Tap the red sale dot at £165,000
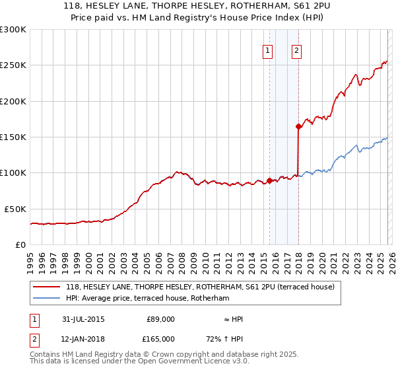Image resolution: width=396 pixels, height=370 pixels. (x=298, y=126)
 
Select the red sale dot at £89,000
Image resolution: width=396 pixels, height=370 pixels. (x=269, y=180)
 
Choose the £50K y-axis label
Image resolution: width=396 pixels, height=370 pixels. (x=15, y=209)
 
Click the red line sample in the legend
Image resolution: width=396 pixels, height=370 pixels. (x=47, y=287)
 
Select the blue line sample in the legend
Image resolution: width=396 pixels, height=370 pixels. (x=47, y=298)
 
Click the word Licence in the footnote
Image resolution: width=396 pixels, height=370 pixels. (x=196, y=362)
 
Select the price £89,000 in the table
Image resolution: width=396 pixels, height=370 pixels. (x=160, y=319)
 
